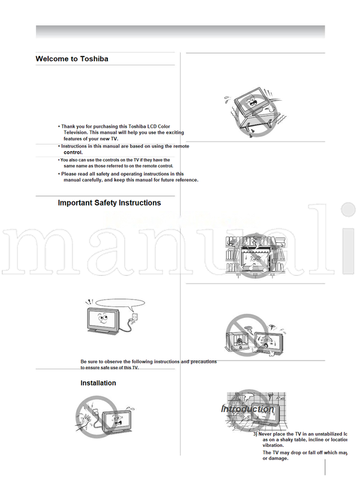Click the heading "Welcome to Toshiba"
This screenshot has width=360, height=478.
click(x=72, y=59)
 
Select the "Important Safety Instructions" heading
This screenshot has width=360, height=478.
click(x=109, y=203)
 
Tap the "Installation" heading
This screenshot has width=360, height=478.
click(x=98, y=383)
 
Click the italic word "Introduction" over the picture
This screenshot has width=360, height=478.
click(x=247, y=409)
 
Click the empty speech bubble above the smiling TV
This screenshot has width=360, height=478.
click(x=121, y=303)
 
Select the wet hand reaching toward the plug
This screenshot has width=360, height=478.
click(x=85, y=416)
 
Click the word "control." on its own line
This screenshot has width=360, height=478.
click(x=73, y=152)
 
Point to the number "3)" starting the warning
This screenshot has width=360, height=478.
click(x=255, y=433)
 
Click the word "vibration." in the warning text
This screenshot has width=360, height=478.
click(x=275, y=446)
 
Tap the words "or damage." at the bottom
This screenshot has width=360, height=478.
click(x=275, y=458)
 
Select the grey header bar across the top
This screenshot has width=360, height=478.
click(x=180, y=32)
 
